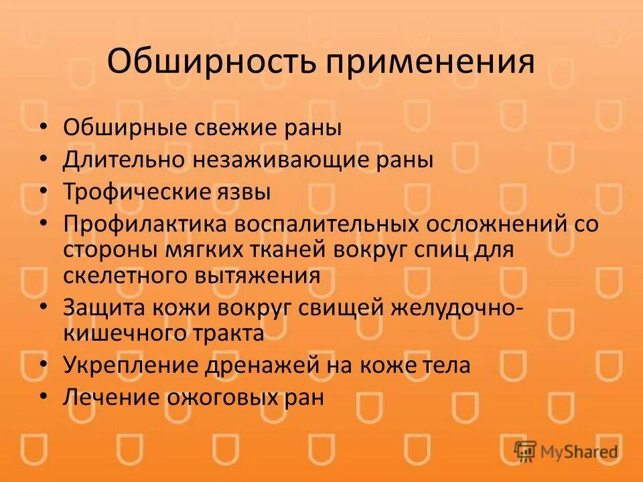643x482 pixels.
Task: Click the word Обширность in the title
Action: pos(212,62)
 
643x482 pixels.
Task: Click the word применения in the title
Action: pos(430,62)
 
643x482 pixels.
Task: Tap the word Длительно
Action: pos(124,160)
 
